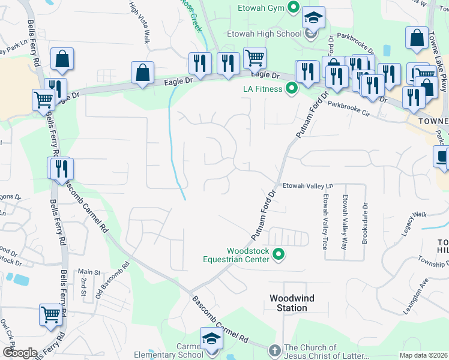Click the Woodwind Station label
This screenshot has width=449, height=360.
(x=292, y=303)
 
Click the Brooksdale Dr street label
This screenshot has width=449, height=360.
(x=364, y=218)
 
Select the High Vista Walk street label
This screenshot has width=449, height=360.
(x=139, y=22)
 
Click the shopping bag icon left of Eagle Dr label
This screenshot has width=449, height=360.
(x=143, y=73)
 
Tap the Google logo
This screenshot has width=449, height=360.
(x=19, y=352)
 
